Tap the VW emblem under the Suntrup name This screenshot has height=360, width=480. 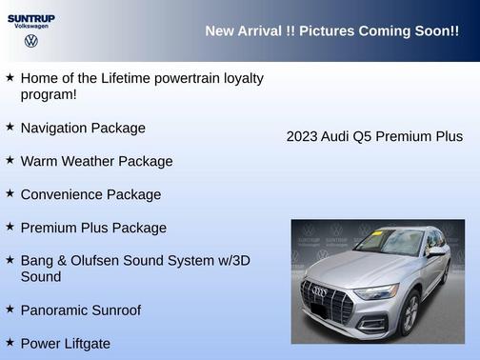(x=30, y=42)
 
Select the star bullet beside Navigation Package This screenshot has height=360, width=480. (x=10, y=127)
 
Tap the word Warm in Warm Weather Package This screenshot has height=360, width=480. (x=38, y=161)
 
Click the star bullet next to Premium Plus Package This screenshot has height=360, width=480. (x=10, y=227)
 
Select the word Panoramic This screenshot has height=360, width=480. (x=56, y=310)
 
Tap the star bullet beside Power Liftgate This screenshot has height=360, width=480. (x=10, y=342)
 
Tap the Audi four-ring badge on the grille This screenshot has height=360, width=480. (x=320, y=290)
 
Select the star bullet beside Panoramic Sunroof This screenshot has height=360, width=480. (x=10, y=309)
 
